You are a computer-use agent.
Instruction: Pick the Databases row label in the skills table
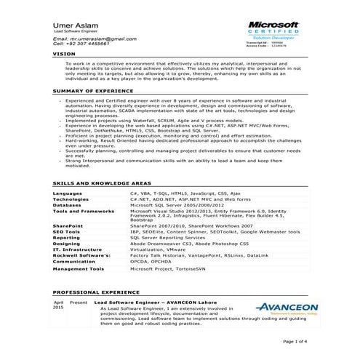pos(68,205)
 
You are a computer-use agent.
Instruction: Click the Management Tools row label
pos(79,268)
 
